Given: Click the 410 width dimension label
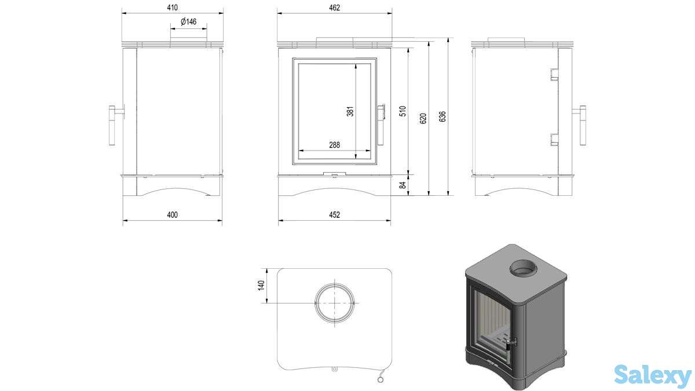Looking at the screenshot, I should click(172, 8).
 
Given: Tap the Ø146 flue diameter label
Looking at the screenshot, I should click(189, 22).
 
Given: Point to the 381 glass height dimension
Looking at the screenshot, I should click(350, 111).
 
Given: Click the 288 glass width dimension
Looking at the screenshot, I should click(334, 145).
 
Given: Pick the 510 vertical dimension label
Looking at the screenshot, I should click(404, 111).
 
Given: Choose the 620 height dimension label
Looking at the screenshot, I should click(423, 118).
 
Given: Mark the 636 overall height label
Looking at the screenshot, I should click(443, 116).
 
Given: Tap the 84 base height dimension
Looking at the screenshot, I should click(404, 185).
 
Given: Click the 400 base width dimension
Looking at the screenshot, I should click(172, 215).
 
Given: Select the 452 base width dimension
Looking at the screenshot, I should click(334, 215).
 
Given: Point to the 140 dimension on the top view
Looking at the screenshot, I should click(261, 286).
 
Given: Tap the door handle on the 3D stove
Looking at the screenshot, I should click(510, 346).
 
